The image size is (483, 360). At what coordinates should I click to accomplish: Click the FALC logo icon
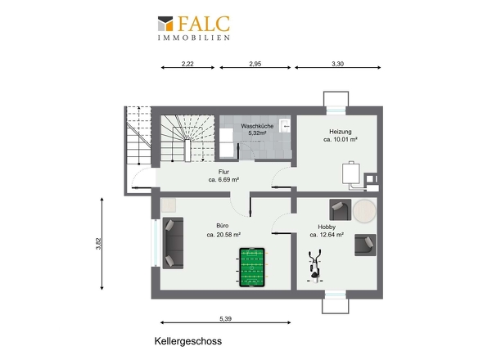click(165, 24)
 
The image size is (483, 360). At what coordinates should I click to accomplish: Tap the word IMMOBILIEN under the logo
click(194, 38)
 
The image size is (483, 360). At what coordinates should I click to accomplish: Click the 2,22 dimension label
click(187, 64)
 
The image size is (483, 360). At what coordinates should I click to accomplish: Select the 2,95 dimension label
click(255, 64)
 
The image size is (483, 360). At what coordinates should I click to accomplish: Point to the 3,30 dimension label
click(337, 64)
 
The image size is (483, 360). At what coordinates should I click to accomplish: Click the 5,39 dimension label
click(225, 319)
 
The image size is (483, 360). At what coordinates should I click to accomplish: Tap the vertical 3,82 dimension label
click(98, 244)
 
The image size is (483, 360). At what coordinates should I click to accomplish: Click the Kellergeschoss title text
click(188, 341)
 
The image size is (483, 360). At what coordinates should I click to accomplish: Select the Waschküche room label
click(257, 126)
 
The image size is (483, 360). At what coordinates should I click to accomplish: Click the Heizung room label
click(341, 132)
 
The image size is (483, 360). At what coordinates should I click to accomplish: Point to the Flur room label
click(223, 172)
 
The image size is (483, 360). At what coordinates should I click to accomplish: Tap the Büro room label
click(223, 226)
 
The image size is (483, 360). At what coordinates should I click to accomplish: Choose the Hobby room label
click(327, 227)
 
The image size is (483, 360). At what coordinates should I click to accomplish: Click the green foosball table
click(252, 268)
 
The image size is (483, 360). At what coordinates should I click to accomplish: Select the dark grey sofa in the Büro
click(173, 243)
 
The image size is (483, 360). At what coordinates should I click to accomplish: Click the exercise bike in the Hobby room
click(315, 266)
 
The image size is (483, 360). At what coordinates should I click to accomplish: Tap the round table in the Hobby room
click(364, 211)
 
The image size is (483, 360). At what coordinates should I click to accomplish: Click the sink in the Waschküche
click(285, 126)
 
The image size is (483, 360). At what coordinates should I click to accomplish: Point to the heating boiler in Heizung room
click(351, 173)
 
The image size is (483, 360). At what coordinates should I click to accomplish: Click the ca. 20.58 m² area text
click(223, 235)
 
